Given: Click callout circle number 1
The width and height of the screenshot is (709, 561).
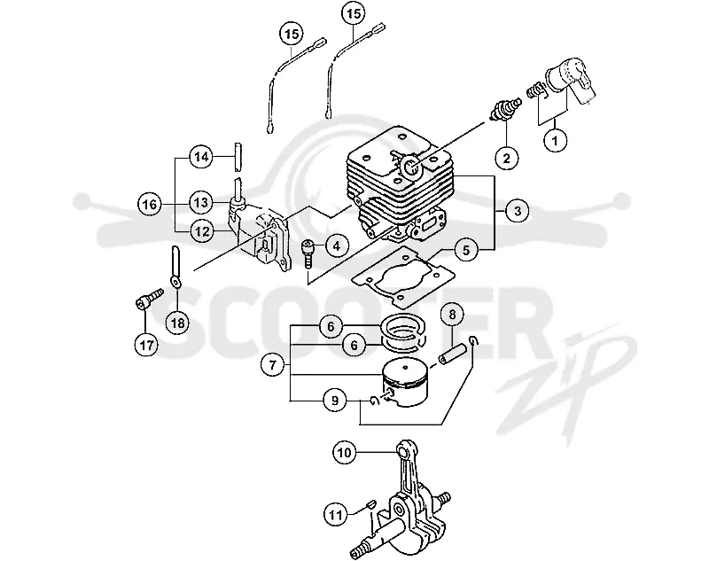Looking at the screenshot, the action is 555,141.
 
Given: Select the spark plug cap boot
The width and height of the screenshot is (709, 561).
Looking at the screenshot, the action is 571,82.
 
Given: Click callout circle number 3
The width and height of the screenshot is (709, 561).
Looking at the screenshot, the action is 518,211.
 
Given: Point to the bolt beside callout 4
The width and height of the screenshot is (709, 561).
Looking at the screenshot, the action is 307,253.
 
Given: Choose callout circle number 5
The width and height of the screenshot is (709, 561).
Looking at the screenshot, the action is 465,250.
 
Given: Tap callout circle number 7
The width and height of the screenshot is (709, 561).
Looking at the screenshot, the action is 272,364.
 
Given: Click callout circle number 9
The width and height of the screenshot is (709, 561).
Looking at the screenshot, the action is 335,401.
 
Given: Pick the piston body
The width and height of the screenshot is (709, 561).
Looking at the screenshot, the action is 405,385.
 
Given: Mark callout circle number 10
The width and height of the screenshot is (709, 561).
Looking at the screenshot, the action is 344,452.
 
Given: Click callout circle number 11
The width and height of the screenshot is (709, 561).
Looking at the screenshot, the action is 336,514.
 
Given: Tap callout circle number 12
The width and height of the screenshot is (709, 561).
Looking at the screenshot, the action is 202,231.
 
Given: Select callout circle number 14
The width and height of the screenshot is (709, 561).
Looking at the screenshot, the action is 201,157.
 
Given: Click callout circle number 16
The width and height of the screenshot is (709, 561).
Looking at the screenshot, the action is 150,205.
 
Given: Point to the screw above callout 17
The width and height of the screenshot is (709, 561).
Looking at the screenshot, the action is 149,299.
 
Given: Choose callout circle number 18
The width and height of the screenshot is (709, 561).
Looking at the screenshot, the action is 178,323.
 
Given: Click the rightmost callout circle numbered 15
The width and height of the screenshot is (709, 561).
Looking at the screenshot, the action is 354,13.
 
